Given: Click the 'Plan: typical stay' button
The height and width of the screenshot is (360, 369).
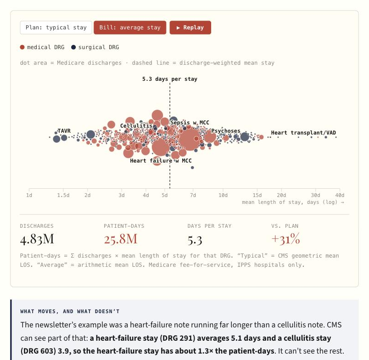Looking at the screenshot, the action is pos(56,28).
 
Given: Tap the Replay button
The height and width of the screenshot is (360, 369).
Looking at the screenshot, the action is pos(190,28).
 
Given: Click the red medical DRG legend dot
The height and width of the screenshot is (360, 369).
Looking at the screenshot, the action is pos(22,47).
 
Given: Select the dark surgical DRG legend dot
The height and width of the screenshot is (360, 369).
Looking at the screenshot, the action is pos(73,47).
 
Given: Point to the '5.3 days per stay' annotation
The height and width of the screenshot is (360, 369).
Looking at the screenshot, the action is pos(170,79).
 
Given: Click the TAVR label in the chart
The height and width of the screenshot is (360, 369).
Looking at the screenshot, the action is pos(64,131).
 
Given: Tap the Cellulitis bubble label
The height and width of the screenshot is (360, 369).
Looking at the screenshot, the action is pos(136,126).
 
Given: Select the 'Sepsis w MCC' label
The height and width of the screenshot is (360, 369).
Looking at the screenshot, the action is pos(190,123).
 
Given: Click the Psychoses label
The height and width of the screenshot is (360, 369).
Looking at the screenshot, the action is pos(226,131).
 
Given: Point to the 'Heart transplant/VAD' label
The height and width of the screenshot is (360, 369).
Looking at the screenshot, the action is pos(303,133).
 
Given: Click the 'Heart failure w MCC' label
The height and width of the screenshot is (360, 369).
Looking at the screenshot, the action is pos(161,161).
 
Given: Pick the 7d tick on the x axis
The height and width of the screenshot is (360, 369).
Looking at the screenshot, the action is pos(193,195).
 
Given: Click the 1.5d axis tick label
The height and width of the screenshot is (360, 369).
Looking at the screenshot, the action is pos(63,195).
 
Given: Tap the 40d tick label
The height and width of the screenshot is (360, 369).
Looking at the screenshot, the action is pos(340,195).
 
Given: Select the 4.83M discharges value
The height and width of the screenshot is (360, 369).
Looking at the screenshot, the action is pos(37,239).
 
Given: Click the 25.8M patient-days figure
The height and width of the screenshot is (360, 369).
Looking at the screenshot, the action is pos(121,239).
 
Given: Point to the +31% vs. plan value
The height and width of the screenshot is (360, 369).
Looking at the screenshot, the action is pos(285,239).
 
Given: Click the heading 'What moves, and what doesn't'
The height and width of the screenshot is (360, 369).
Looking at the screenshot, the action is pos(70,311).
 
